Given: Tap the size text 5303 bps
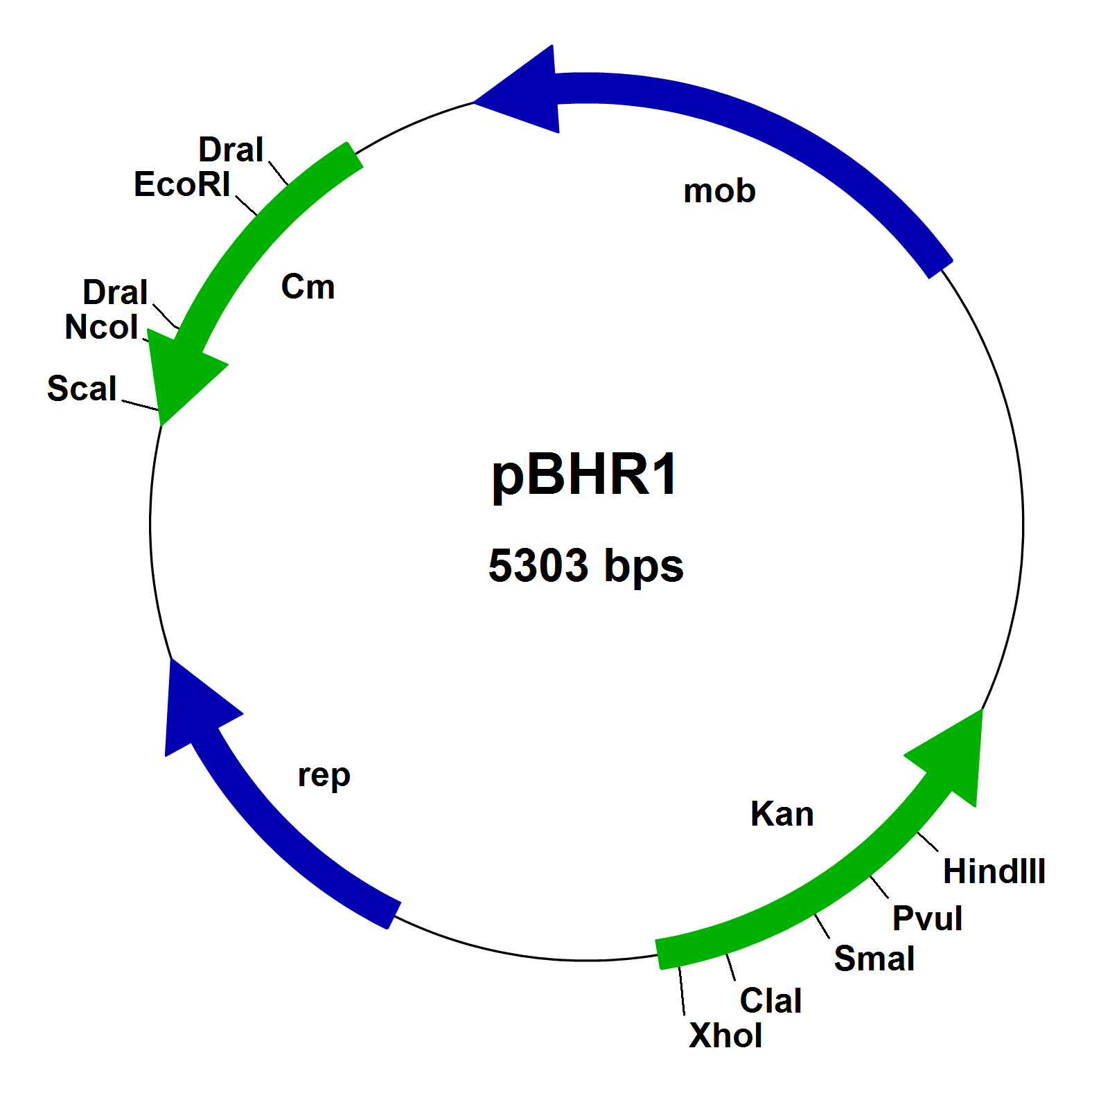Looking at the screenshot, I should (x=585, y=565).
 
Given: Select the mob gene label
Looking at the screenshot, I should (x=719, y=191).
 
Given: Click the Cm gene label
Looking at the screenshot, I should (x=308, y=287).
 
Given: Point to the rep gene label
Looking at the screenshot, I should (x=324, y=776).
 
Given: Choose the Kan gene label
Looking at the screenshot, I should (x=782, y=814).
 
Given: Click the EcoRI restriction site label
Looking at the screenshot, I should (x=182, y=185).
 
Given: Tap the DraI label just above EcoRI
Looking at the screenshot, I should (x=231, y=150).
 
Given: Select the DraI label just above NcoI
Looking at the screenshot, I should (x=115, y=292).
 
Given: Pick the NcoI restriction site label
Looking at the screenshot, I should (x=102, y=328).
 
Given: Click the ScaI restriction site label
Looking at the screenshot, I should (x=82, y=389).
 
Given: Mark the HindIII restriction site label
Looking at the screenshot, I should (x=994, y=871).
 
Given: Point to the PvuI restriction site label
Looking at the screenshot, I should (x=927, y=918).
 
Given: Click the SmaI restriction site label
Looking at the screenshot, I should (x=874, y=959).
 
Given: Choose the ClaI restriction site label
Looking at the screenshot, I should (x=770, y=1001).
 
